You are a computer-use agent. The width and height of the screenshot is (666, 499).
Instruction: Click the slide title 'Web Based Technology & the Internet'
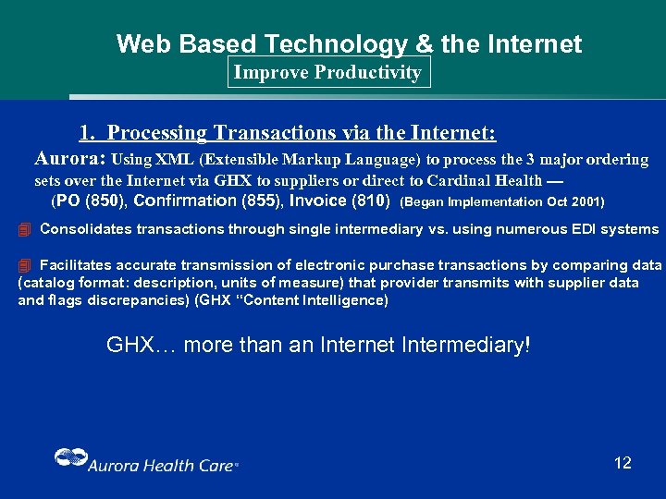[349, 43]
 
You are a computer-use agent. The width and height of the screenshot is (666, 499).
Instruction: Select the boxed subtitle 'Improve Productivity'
[327, 72]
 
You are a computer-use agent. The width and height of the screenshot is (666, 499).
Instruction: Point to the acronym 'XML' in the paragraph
[174, 160]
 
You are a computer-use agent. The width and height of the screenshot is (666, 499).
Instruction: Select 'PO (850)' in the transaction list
[93, 201]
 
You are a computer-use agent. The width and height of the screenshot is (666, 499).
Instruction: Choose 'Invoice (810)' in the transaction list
[339, 201]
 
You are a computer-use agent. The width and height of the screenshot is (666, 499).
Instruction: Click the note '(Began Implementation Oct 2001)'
[501, 201]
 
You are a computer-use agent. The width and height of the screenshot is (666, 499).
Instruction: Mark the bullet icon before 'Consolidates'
[25, 229]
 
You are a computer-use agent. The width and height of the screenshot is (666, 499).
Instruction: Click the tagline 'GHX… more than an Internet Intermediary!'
[319, 346]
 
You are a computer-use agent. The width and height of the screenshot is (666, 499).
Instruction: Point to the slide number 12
[623, 463]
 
